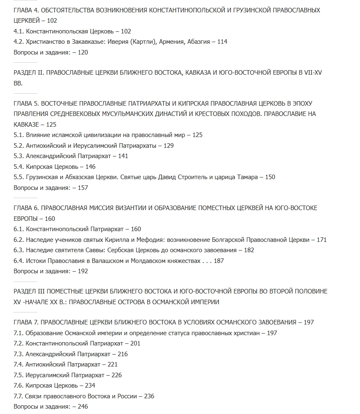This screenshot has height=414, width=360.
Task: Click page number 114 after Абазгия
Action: click(x=222, y=42)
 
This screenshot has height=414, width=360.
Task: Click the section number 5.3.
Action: click(x=19, y=156)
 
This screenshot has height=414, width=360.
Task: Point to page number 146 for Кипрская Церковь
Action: click(x=90, y=167)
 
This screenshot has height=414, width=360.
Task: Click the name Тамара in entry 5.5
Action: click(x=245, y=177)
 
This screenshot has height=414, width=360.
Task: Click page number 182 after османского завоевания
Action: click(x=249, y=250)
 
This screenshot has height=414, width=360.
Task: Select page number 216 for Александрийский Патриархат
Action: click(x=122, y=354)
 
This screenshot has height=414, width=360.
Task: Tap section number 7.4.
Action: click(x=19, y=364)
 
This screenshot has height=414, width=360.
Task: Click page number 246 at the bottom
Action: click(x=82, y=407)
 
